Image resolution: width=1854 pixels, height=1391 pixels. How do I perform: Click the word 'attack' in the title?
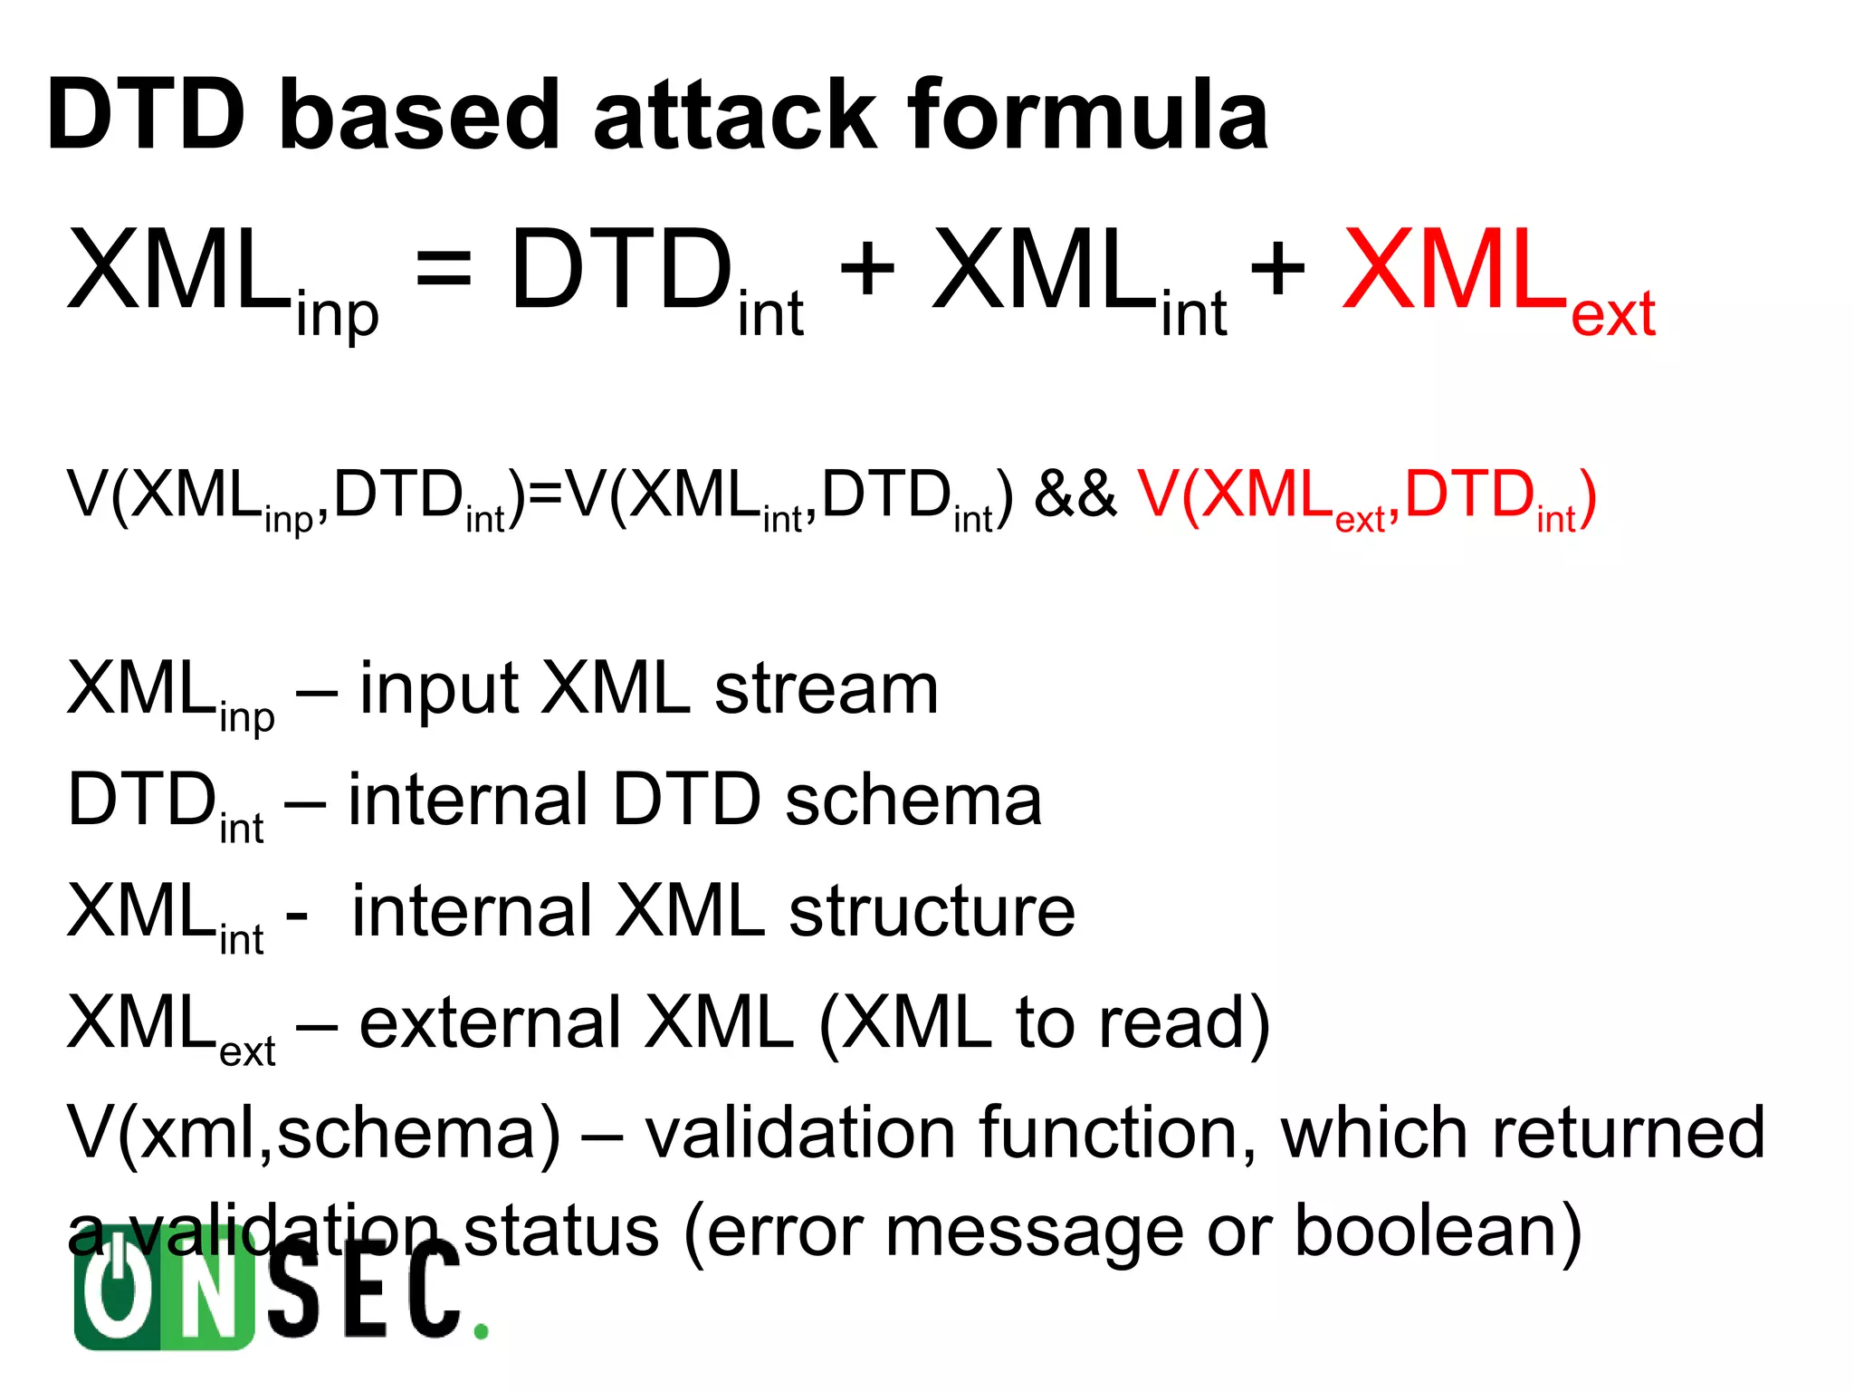point(734,115)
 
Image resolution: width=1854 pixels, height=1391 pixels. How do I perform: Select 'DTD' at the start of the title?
point(146,115)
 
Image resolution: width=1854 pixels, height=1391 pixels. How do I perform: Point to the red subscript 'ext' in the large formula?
point(1612,315)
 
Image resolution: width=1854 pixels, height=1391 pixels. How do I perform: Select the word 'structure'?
point(932,912)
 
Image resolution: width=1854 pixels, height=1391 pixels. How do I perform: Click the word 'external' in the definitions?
point(490,1023)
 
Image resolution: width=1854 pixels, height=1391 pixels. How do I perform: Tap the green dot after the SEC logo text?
point(482,1331)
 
